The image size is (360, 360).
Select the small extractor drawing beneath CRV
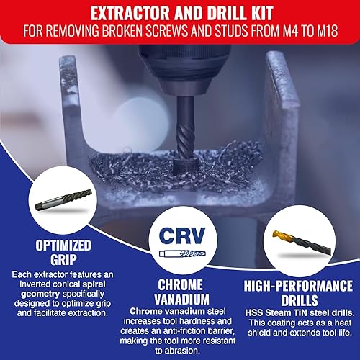(179, 254)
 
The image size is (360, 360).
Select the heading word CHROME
(179, 284)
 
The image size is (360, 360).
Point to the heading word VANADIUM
(179, 298)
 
